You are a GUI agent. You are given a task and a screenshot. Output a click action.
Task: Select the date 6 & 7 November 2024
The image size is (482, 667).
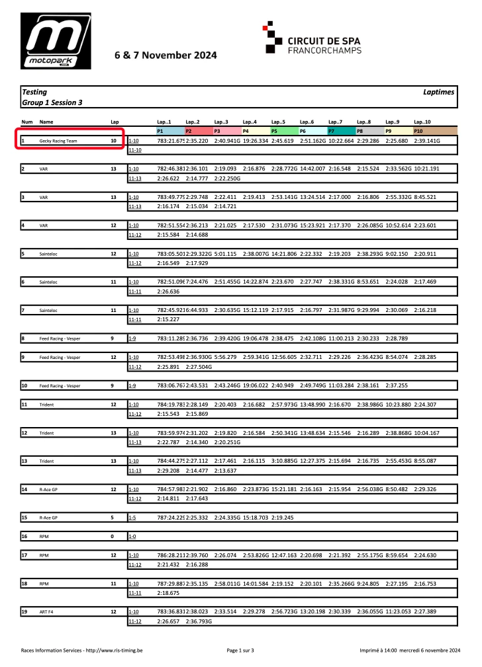(x=165, y=56)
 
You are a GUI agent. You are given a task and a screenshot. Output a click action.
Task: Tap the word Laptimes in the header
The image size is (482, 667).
(x=438, y=93)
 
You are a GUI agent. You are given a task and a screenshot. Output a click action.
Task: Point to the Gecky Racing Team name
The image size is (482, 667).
(x=58, y=141)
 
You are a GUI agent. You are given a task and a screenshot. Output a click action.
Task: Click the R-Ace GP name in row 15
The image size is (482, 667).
(x=49, y=518)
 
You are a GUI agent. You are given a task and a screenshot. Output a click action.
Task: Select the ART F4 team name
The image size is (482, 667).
(x=47, y=612)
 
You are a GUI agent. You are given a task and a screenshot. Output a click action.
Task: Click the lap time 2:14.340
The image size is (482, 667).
(x=197, y=442)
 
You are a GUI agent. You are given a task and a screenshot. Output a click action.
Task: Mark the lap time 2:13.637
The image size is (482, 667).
(x=225, y=471)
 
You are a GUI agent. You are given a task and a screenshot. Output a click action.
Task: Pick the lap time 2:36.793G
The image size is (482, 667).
(x=199, y=621)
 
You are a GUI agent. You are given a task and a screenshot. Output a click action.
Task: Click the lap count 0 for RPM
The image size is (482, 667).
(x=113, y=537)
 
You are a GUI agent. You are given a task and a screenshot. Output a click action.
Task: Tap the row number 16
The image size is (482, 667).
(x=24, y=537)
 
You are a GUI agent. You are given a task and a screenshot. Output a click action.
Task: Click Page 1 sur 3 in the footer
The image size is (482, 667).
(x=240, y=650)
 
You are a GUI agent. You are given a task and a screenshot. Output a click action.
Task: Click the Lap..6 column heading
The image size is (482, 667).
(x=307, y=122)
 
